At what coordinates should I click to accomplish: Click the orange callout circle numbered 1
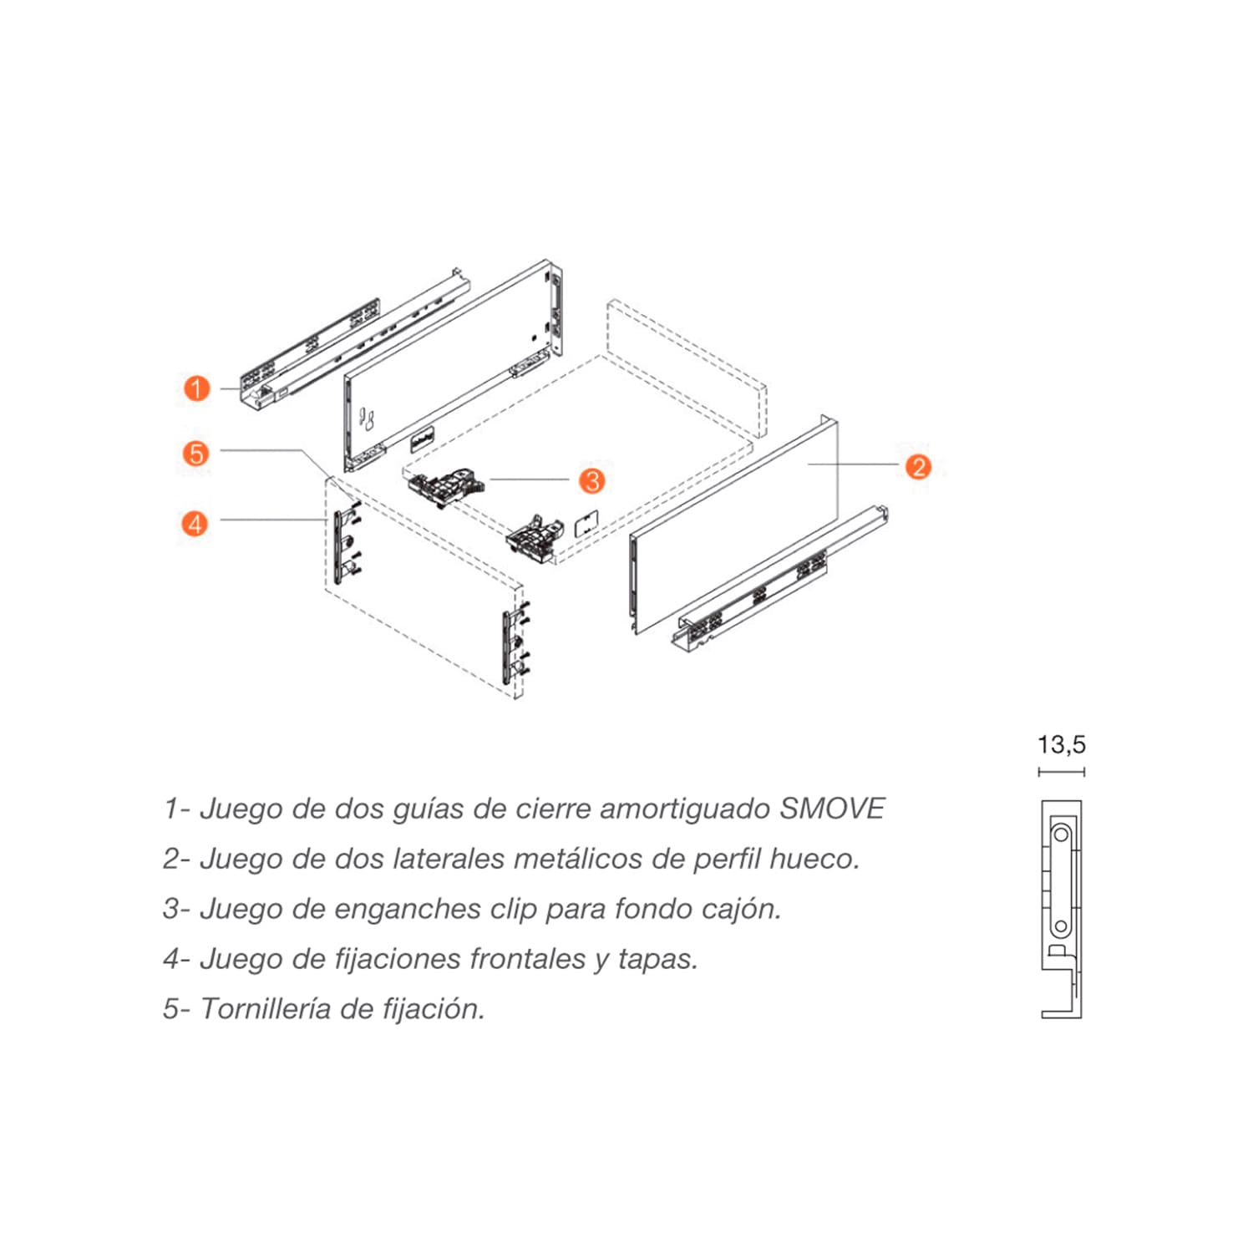tap(196, 388)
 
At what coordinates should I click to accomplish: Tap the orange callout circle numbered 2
tap(918, 467)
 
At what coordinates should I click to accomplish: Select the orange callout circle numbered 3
tap(592, 480)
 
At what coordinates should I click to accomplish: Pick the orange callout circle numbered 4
tap(195, 524)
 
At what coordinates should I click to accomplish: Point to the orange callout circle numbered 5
tap(195, 454)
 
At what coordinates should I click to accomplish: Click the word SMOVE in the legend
tap(832, 809)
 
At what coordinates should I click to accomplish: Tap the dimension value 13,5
tap(1061, 744)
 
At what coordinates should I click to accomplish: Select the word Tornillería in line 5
tap(266, 1009)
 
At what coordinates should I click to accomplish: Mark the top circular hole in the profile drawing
tap(1062, 834)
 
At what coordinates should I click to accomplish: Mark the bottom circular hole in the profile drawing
tap(1061, 926)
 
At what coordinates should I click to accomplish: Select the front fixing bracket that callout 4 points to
tap(338, 548)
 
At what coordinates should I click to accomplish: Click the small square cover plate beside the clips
tap(587, 523)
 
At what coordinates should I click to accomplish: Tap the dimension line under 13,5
tap(1061, 772)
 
